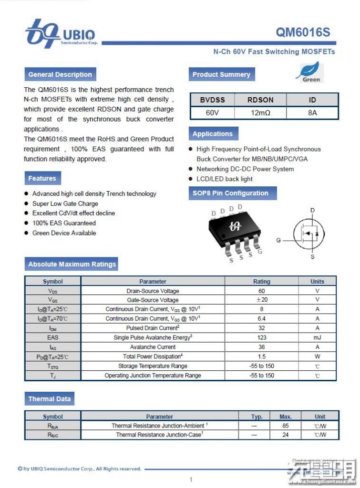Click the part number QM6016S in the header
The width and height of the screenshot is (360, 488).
pyautogui.click(x=303, y=32)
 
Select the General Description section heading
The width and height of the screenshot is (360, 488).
pyautogui.click(x=60, y=74)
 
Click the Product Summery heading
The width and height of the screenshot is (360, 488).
pyautogui.click(x=221, y=74)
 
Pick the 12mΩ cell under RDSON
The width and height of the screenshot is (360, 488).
pyautogui.click(x=260, y=113)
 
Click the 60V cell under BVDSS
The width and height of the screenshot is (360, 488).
pyautogui.click(x=213, y=113)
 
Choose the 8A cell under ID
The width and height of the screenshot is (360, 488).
pyautogui.click(x=312, y=113)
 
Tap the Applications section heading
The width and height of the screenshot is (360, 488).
pyautogui.click(x=213, y=134)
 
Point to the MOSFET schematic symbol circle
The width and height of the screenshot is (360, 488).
pyautogui.click(x=308, y=233)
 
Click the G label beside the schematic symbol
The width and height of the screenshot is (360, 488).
pyautogui.click(x=278, y=240)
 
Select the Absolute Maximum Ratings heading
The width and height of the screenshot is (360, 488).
pyautogui.click(x=72, y=264)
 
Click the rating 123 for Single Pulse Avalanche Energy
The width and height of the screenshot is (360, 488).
pyautogui.click(x=261, y=337)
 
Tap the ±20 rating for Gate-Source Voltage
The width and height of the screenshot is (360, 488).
pyautogui.click(x=261, y=300)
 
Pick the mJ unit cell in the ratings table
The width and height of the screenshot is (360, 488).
pyautogui.click(x=317, y=337)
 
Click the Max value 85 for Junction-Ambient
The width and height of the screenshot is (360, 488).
pyautogui.click(x=285, y=426)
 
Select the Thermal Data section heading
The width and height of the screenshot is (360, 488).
pyautogui.click(x=49, y=399)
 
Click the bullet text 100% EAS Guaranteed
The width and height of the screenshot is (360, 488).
pyautogui.click(x=64, y=223)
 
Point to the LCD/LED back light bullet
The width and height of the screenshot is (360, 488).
pyautogui.click(x=225, y=179)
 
